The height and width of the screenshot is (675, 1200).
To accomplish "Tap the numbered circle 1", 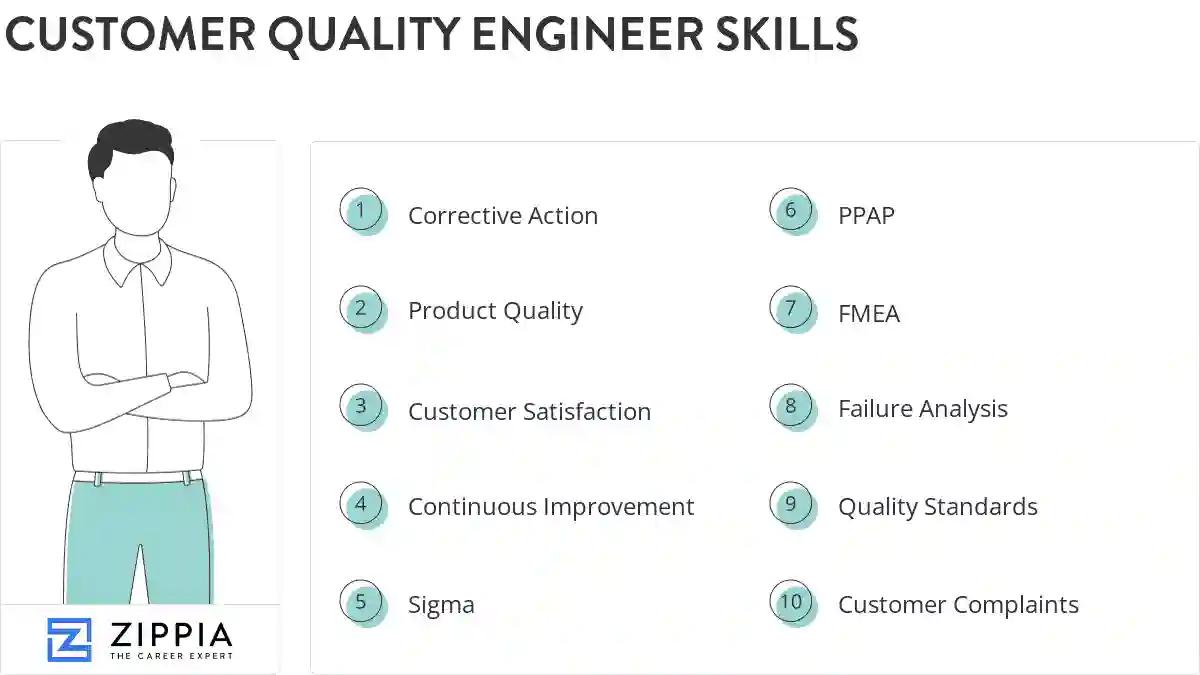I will coord(361,211).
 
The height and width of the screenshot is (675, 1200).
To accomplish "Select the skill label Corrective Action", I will coord(502,216).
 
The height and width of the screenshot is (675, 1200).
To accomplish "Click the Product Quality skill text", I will coord(495,311).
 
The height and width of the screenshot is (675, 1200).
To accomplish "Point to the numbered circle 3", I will coord(361,407).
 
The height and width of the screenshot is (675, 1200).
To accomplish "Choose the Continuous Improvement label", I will coord(550,507).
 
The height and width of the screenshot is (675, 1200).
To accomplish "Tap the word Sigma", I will coord(441,605).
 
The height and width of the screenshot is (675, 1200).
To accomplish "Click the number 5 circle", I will coord(361,602).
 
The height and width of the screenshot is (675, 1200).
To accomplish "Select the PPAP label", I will coord(866,216).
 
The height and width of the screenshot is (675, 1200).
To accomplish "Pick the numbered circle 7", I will coord(791,309).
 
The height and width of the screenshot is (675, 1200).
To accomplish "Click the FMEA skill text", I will coord(868,314).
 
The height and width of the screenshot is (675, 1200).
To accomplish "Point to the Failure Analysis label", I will coord(922,409).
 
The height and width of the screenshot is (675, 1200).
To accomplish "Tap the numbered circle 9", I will coord(791,504).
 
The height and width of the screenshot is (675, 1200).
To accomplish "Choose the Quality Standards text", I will coord(937,507).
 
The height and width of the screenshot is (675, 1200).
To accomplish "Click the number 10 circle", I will coord(791,602).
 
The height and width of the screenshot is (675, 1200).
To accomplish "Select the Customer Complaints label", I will coord(958,605).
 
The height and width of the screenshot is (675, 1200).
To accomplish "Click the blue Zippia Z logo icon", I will coord(69,640).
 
